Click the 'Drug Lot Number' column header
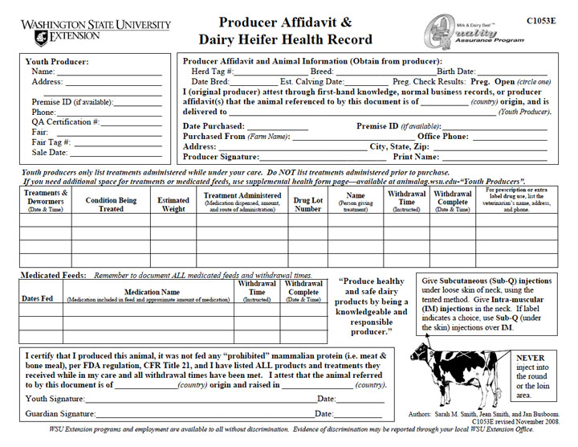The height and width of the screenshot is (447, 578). pyautogui.click(x=307, y=203)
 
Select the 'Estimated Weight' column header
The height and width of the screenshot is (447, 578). pyautogui.click(x=173, y=203)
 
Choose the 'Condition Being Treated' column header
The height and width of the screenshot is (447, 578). pyautogui.click(x=111, y=203)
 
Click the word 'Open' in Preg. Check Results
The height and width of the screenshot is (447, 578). pyautogui.click(x=504, y=82)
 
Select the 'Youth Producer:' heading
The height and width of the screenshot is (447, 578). pyautogui.click(x=57, y=62)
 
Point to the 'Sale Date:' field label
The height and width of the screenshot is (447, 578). pyautogui.click(x=50, y=152)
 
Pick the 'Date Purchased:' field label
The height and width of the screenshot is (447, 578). pyautogui.click(x=214, y=126)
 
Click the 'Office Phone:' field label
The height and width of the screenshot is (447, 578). pyautogui.click(x=444, y=137)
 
